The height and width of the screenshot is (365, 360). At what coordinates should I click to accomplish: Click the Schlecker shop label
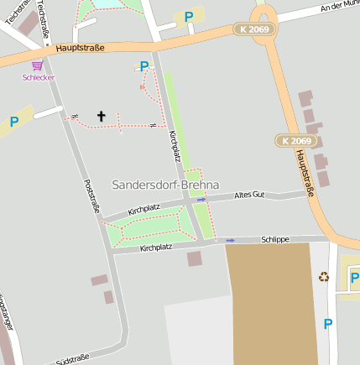(38, 76)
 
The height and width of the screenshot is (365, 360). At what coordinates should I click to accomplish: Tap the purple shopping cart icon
(38, 65)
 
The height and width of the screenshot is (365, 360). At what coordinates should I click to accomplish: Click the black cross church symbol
(102, 117)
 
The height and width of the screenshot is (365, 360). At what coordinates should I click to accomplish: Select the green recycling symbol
(324, 277)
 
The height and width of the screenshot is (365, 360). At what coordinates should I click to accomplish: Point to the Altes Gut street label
(249, 195)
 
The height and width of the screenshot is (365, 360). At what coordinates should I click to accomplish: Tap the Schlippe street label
(275, 239)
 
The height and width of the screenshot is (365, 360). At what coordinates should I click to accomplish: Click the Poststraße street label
(93, 195)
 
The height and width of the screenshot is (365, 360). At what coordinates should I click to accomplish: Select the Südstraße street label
(72, 359)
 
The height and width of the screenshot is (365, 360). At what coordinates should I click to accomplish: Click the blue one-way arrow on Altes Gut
(201, 201)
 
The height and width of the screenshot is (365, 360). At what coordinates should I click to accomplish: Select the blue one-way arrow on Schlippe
(231, 241)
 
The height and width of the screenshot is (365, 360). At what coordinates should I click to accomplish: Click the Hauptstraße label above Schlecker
(80, 49)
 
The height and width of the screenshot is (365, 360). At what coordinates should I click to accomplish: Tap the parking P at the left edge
(13, 122)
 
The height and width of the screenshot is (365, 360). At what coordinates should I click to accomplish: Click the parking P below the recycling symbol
(327, 324)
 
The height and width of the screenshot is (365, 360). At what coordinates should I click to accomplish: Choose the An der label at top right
(339, 6)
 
